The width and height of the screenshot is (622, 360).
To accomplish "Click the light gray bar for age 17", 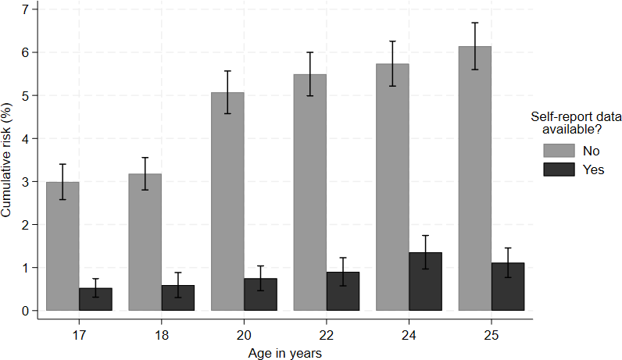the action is click(63, 246).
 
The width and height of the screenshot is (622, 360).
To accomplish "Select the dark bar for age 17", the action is click(95, 299).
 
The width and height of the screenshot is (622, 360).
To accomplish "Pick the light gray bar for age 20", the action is click(227, 201).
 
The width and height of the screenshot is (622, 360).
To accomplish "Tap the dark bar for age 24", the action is click(425, 281).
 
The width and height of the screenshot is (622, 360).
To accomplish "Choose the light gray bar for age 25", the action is click(475, 178).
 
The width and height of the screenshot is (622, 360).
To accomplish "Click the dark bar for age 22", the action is click(343, 291).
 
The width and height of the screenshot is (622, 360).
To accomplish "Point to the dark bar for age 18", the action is click(178, 298).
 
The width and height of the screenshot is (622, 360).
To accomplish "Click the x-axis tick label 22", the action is click(326, 336).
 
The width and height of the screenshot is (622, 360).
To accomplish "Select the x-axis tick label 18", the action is click(162, 336).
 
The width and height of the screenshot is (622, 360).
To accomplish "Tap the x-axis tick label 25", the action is click(491, 336).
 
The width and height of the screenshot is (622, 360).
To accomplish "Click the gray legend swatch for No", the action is click(559, 151).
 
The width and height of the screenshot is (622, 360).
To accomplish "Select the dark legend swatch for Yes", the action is click(559, 169).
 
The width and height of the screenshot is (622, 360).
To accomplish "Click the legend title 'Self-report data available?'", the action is click(576, 123).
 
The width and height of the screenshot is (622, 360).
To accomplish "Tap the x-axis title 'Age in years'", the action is click(284, 353).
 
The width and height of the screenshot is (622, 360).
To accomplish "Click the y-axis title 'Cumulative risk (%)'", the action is click(6, 160).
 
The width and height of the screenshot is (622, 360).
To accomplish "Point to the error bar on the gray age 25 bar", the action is click(475, 46).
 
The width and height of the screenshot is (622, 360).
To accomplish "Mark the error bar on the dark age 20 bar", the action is click(261, 278).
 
